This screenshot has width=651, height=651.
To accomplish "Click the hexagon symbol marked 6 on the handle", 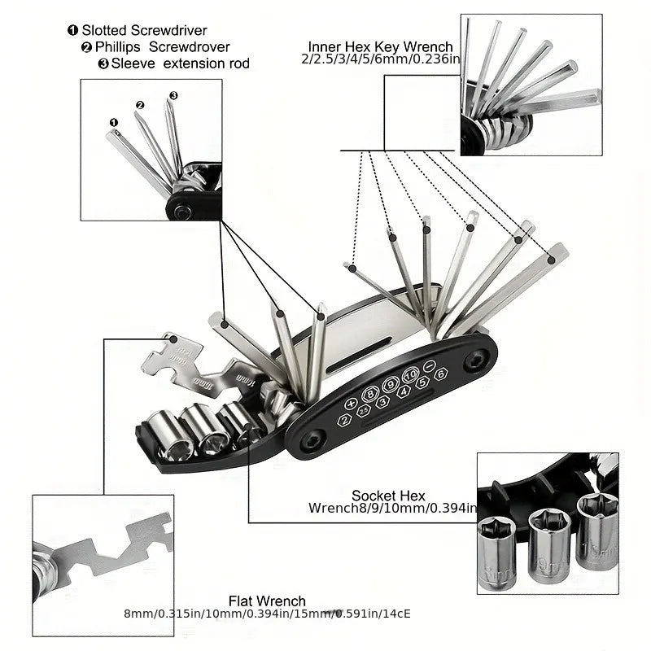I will tap(440, 374).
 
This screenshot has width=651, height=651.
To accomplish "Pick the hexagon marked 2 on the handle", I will tap(345, 420).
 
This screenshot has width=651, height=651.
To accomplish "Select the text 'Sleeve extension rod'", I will tap(180, 63).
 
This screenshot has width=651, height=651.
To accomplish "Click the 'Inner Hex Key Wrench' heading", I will tap(380, 46).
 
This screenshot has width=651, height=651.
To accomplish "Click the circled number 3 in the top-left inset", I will tap(173, 96).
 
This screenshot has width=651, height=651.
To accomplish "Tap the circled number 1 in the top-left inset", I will tap(114, 123).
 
